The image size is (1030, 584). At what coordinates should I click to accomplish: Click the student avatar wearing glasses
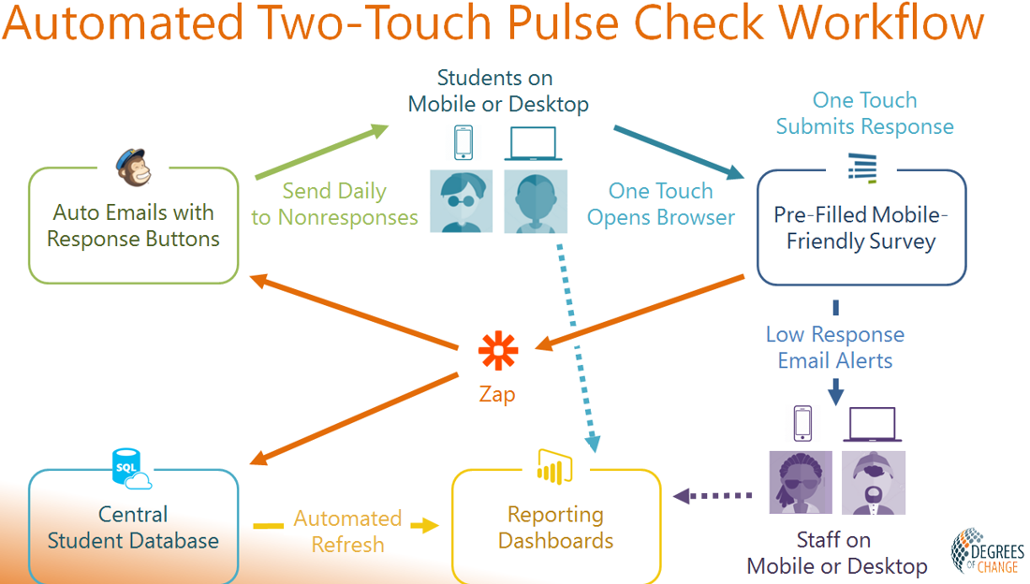coord(461,201)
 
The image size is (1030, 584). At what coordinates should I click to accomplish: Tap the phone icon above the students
coord(463,142)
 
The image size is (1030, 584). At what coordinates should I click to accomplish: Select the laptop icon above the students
coord(534,143)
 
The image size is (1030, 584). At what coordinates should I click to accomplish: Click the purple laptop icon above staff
coord(873,424)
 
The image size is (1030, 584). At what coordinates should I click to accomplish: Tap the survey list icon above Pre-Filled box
coord(862,167)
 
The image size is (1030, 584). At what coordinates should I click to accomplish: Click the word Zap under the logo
coord(497,394)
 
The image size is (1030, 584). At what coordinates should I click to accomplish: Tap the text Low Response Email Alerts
coord(835,347)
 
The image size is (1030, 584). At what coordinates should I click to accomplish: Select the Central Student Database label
coord(133,527)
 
